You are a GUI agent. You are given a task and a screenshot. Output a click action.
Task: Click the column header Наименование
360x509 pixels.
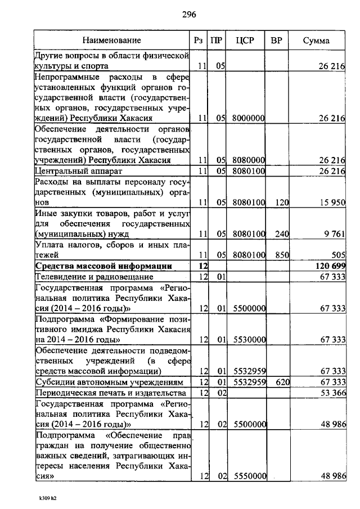tap(111, 40)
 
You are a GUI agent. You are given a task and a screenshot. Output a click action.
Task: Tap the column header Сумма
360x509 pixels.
tap(317, 40)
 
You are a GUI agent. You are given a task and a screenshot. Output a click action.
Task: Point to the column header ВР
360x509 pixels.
tap(276, 40)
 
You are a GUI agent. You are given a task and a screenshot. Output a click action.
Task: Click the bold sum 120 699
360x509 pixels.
tap(327, 265)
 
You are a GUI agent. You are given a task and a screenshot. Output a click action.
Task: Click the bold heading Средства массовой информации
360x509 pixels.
tap(103, 265)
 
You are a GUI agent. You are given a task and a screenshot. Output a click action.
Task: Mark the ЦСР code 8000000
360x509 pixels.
tap(248, 118)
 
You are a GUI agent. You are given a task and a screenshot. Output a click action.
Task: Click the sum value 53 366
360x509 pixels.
tap(331, 393)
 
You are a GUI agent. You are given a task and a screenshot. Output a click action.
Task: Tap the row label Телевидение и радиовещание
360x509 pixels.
tap(94, 276)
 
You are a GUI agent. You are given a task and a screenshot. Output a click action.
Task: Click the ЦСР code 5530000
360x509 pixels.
tap(248, 340)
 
